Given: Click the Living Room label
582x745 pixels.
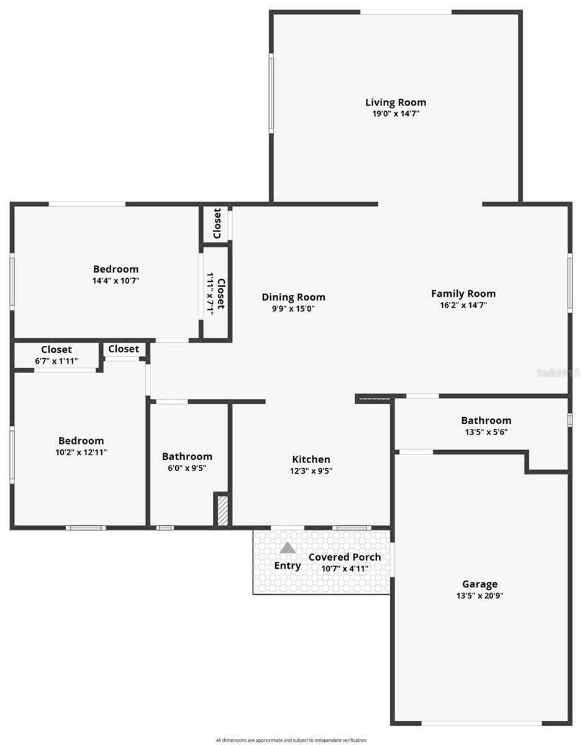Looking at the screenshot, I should pos(396,102).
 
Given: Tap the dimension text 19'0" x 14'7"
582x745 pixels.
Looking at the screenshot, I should pos(396,114).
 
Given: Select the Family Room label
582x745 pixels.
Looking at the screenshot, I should pos(463,294).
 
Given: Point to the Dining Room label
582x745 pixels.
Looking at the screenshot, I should pos(293,297).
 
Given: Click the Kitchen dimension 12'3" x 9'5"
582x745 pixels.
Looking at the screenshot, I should pos(311,471).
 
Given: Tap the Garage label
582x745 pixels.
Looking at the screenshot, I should pos(480,584).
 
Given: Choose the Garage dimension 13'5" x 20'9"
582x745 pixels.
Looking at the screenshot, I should pos(480,595).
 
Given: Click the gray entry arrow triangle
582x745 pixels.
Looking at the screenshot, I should pos(288,548).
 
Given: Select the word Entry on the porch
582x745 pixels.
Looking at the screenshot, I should pos(288,566).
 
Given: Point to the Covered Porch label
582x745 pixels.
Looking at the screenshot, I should pos(345,557).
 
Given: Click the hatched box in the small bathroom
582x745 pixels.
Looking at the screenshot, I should pos(222,510).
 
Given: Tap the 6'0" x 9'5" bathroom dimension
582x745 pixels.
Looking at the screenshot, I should pos(187,468).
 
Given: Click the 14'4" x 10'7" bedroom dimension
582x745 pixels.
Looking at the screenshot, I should pos(116,281).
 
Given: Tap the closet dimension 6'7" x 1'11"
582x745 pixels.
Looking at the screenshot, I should pos(57,361).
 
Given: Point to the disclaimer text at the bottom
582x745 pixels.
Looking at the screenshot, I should pos(291,740).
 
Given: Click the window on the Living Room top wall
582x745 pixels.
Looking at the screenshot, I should pos(406,12).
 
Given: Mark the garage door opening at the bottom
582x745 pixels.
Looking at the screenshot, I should pos(481,723).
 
